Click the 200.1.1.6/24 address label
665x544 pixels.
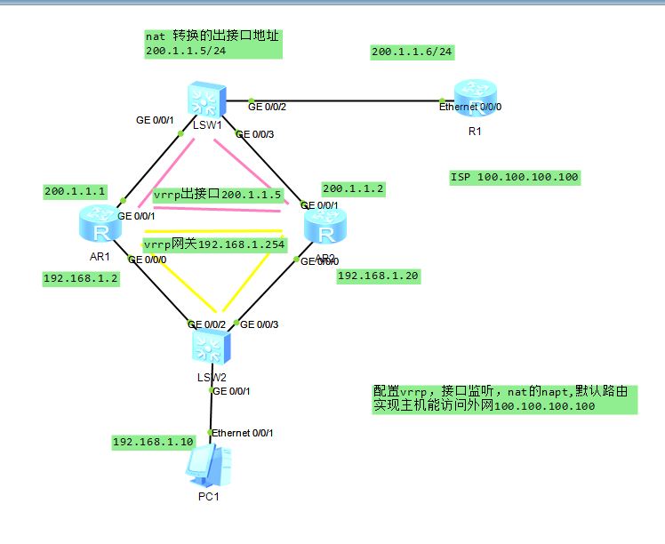413,52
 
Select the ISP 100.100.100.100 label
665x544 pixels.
515,178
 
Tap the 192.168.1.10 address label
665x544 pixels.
153,442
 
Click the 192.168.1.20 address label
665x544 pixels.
378,276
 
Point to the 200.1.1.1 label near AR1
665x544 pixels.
76,191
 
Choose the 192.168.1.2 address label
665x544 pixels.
81,278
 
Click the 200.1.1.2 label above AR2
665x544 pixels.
353,188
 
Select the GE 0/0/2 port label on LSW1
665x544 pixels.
268,107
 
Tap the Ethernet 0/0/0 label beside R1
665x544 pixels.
469,108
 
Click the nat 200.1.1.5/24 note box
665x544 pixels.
212,44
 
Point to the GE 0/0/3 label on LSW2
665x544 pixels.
260,324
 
